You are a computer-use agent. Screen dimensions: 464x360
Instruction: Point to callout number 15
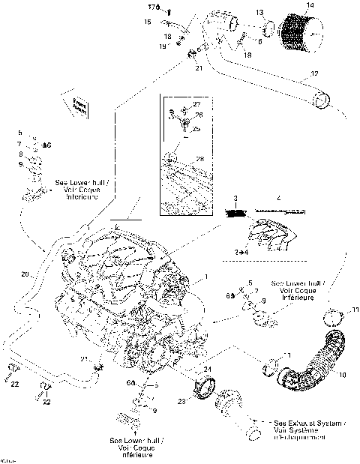click(148, 22)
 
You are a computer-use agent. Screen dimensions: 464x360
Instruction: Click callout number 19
click(162, 46)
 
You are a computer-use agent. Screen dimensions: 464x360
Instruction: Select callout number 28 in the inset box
click(199, 159)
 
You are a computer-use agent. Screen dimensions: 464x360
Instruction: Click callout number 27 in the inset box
click(197, 103)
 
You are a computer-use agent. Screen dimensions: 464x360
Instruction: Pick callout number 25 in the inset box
click(198, 129)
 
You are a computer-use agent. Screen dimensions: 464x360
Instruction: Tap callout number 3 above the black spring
click(235, 197)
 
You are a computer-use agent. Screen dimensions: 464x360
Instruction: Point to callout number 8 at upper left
click(21, 153)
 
